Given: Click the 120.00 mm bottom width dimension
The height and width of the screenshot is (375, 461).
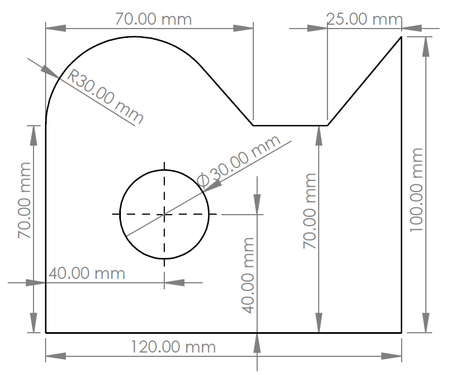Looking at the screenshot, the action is [173, 347].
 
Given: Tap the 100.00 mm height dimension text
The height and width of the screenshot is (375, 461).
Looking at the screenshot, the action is [416, 190].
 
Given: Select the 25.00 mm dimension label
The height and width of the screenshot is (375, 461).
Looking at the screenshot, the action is [364, 19].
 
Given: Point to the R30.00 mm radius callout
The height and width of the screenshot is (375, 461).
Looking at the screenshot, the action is [105, 97].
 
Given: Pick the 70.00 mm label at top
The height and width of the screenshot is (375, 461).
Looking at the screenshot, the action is [153, 19].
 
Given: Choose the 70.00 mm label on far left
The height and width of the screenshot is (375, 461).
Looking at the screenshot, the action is [24, 200].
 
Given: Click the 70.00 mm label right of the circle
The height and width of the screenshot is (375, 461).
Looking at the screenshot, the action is [309, 211].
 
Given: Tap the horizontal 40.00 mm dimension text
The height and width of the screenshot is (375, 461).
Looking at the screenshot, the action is [87, 273].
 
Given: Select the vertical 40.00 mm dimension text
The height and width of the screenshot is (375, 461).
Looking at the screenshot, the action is [248, 276].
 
